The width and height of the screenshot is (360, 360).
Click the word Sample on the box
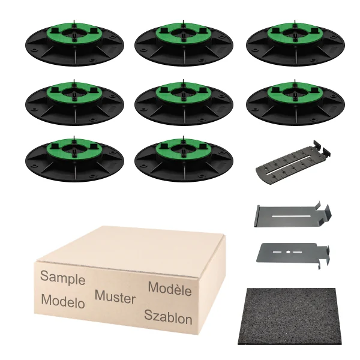pos(62,278)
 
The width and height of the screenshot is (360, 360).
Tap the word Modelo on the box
pos(63,301)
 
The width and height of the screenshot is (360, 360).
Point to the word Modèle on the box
pos(170,289)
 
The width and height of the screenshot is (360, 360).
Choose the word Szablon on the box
pos(168,317)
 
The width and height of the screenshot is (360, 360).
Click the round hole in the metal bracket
pos(288,252)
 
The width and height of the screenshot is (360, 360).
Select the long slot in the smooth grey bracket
pos(291,216)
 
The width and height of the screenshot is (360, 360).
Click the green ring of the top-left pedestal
pos(74,33)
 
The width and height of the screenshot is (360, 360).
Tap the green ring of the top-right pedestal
pos(295,33)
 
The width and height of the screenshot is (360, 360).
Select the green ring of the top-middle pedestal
pos(184,33)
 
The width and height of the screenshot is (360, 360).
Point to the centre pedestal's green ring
pos(184,92)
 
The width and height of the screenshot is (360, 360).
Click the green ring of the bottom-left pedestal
pos(74,149)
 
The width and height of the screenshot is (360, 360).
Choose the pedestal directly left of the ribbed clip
pos(184,159)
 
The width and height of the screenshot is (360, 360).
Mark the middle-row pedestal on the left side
pos(74,103)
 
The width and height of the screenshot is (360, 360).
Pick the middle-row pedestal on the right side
pos(295,103)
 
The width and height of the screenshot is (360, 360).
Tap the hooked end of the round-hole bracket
pos(324,255)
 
